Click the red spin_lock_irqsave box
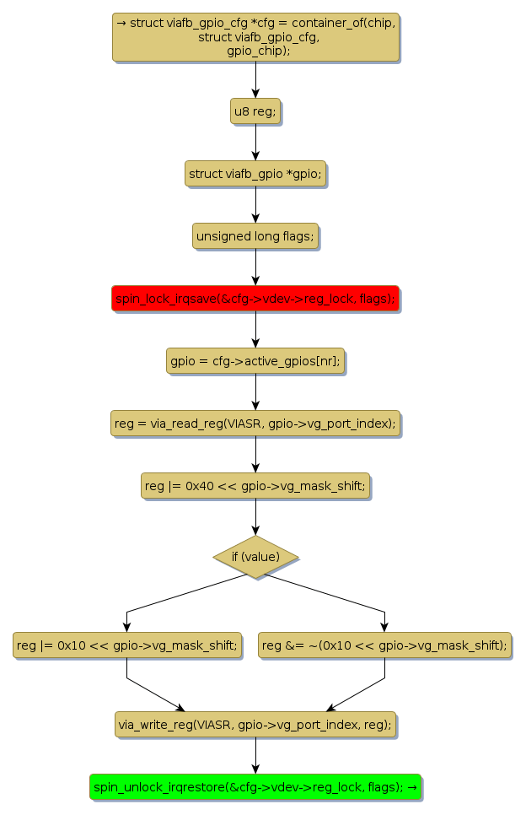(x=255, y=299)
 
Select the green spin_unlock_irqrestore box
(x=255, y=787)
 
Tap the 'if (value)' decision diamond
(x=255, y=557)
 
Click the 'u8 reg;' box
(x=255, y=111)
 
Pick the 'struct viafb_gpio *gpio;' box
(x=255, y=174)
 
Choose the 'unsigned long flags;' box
(x=255, y=237)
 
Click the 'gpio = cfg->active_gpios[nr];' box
(x=255, y=361)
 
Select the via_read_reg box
(x=255, y=424)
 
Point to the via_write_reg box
(x=255, y=725)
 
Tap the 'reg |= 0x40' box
(x=255, y=486)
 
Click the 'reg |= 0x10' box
(x=126, y=645)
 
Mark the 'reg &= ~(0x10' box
(x=384, y=645)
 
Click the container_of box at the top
(x=255, y=37)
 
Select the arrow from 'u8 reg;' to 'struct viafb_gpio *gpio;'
(x=255, y=142)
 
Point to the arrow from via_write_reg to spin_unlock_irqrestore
(x=255, y=756)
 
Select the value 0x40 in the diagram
(x=187, y=486)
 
